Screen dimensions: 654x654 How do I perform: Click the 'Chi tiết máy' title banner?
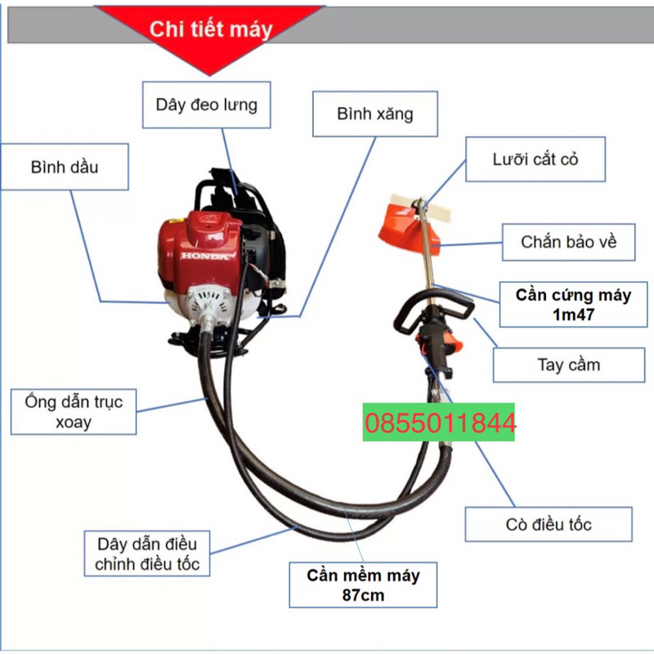(210, 30)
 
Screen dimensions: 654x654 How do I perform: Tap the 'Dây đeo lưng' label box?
(206, 105)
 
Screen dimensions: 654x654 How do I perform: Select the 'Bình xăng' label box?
(375, 114)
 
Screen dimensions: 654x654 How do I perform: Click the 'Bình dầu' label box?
(65, 167)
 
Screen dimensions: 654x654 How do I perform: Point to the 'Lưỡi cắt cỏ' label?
(535, 159)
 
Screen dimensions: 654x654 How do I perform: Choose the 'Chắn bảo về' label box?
(567, 241)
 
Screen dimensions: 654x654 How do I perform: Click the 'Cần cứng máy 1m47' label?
(573, 304)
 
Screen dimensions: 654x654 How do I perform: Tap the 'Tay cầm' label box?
(568, 365)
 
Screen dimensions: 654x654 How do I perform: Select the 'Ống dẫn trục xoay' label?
(73, 411)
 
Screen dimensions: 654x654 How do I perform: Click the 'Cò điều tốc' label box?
(549, 524)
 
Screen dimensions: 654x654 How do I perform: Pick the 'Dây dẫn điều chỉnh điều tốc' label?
(146, 553)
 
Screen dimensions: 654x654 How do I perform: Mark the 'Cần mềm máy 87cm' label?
(363, 585)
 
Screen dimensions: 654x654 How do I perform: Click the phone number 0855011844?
(438, 423)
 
